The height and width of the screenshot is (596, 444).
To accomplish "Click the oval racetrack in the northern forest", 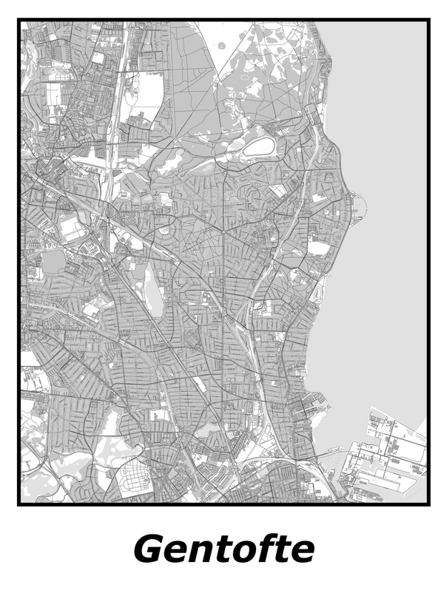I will point(258,147).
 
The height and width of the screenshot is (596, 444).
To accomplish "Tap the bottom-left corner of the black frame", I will point(19,504).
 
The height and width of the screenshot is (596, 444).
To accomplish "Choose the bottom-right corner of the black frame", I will point(428,504).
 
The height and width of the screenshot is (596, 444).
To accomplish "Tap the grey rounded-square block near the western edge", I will point(54,261).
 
